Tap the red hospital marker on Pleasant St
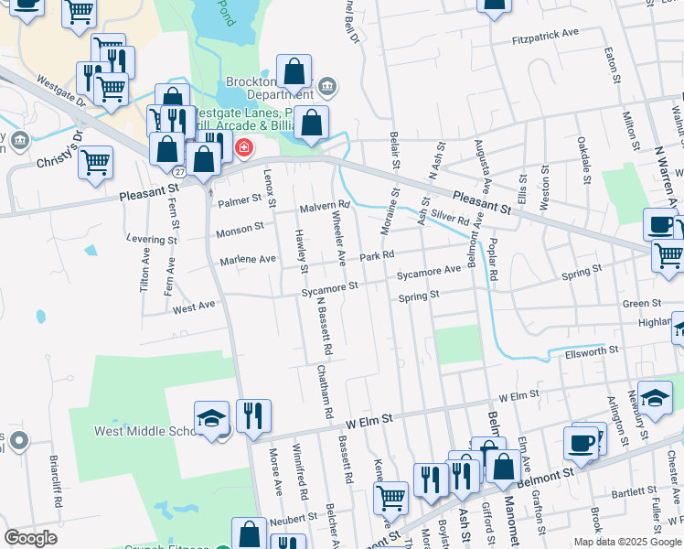click(244, 147)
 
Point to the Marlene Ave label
click(248, 260)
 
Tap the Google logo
click(31, 538)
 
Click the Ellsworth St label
click(592, 350)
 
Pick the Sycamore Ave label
click(429, 272)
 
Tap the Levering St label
click(152, 241)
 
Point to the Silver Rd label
click(451, 221)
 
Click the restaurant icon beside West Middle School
click(253, 415)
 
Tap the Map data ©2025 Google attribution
click(626, 542)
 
